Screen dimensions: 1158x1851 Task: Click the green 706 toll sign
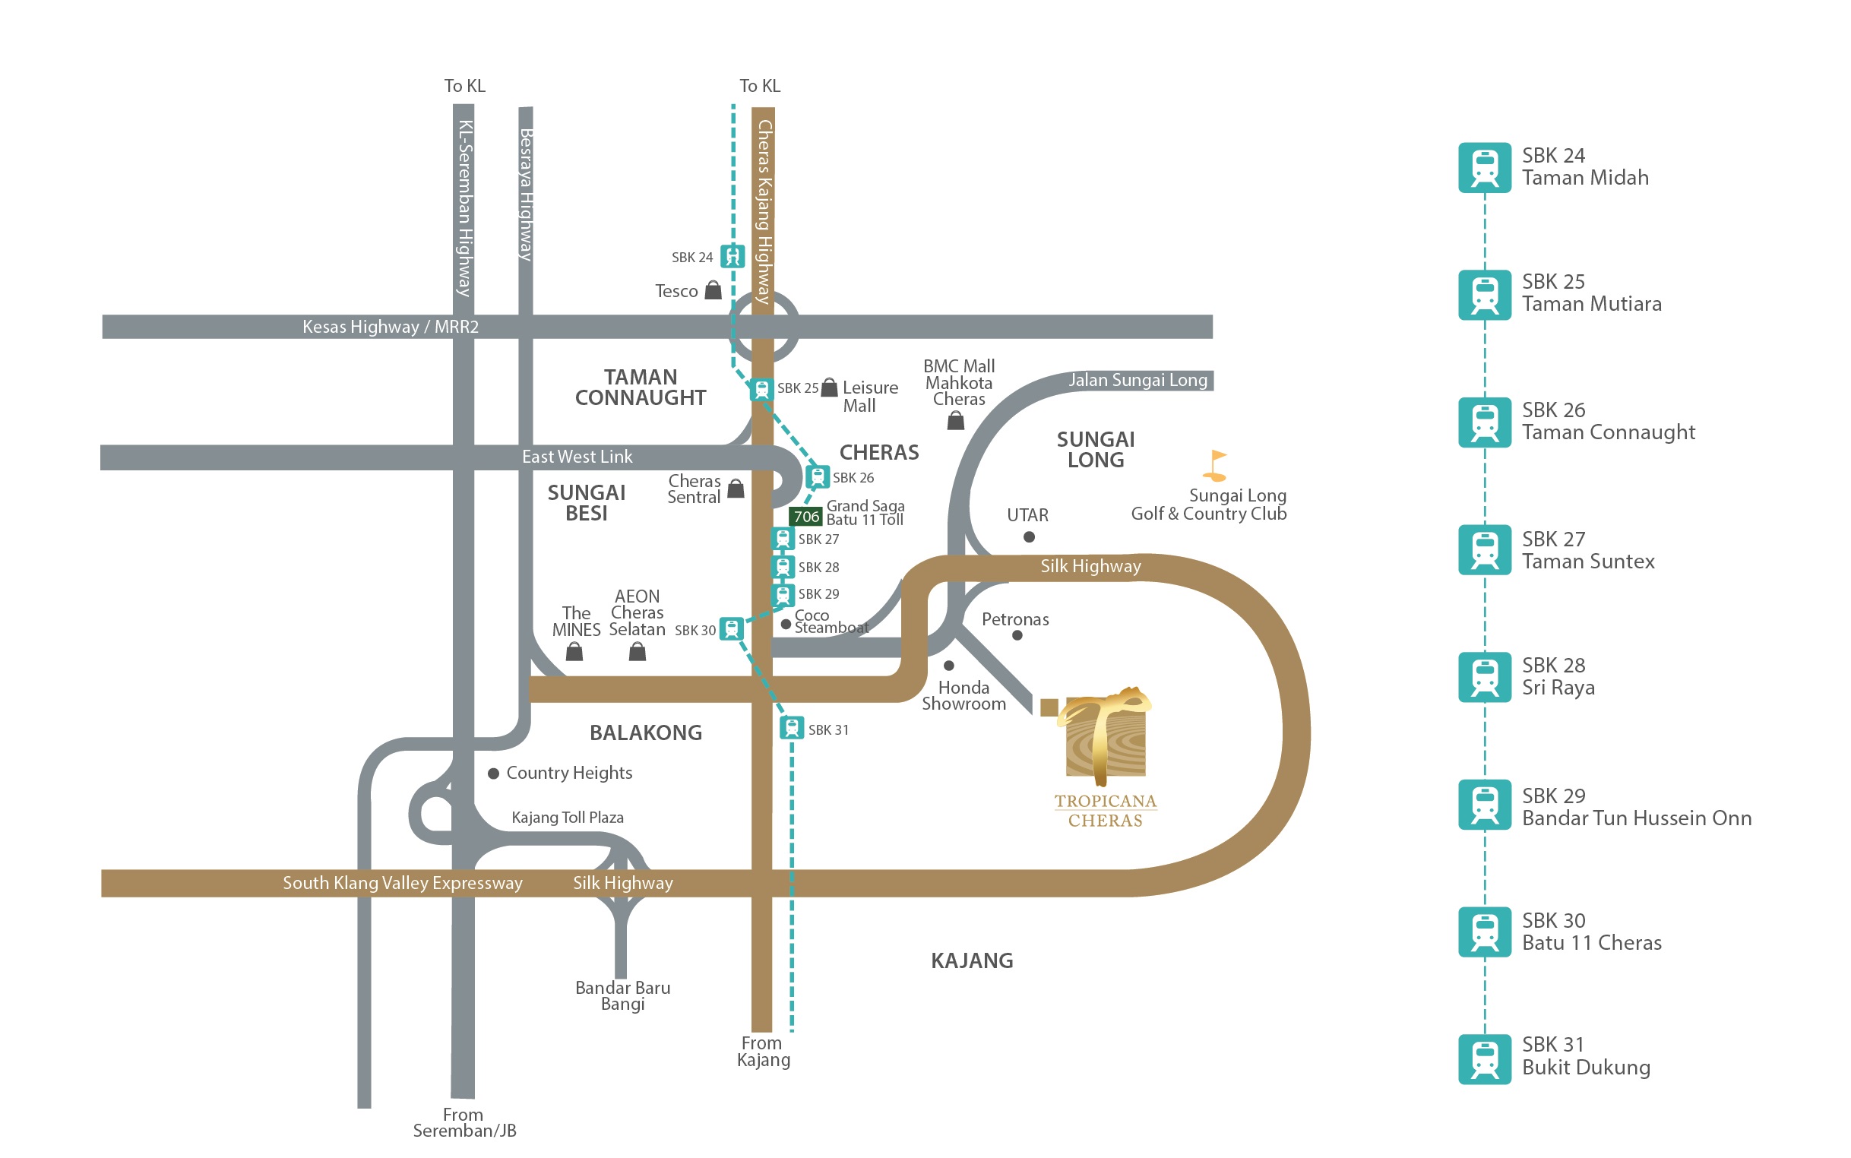pyautogui.click(x=805, y=517)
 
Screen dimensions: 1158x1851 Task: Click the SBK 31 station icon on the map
pyautogui.click(x=791, y=728)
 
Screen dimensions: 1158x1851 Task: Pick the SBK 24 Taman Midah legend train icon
pyautogui.click(x=1483, y=168)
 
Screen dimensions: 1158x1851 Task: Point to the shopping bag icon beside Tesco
pyautogui.click(x=713, y=290)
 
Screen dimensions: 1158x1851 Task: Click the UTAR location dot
pyautogui.click(x=1030, y=537)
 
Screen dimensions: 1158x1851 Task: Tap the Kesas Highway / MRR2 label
pyautogui.click(x=390, y=327)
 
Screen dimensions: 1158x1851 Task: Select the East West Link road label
pyautogui.click(x=577, y=457)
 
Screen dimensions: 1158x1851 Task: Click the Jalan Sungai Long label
pyautogui.click(x=1137, y=380)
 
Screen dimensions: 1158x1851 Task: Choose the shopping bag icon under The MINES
pyautogui.click(x=574, y=652)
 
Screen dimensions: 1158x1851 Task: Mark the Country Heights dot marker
pyautogui.click(x=494, y=774)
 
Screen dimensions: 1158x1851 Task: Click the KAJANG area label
pyautogui.click(x=971, y=960)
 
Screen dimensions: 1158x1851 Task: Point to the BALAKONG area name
pyautogui.click(x=645, y=733)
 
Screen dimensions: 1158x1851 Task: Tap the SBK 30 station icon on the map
pyautogui.click(x=732, y=630)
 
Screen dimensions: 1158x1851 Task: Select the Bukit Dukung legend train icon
pyautogui.click(x=1483, y=1059)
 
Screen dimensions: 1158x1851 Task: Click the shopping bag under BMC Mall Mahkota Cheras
pyautogui.click(x=956, y=420)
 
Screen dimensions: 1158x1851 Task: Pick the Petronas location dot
pyautogui.click(x=1017, y=635)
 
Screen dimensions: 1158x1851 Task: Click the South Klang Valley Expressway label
pyautogui.click(x=402, y=883)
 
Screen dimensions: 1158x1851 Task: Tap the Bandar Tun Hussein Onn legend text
pyautogui.click(x=1636, y=818)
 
